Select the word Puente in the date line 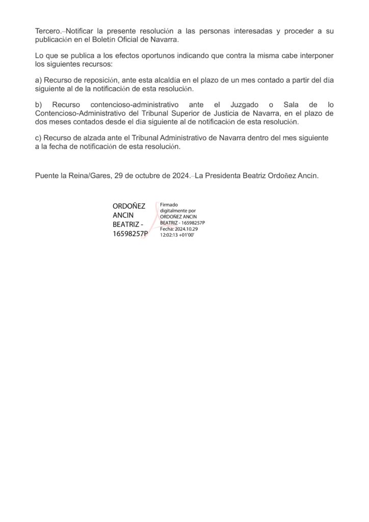point(47,176)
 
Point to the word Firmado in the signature point(169,204)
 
